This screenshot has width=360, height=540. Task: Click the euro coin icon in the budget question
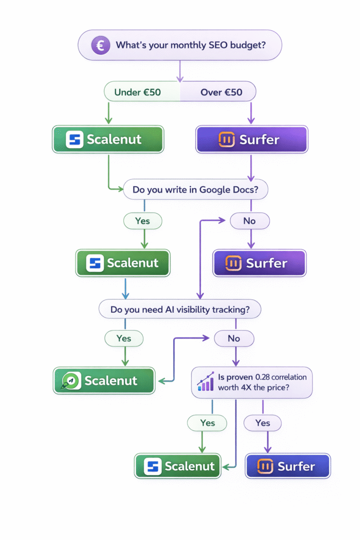pyautogui.click(x=100, y=45)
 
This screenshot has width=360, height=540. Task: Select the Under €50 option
pyautogui.click(x=138, y=92)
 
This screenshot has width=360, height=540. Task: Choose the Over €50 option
pyautogui.click(x=221, y=92)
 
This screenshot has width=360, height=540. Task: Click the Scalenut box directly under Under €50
pyautogui.click(x=108, y=140)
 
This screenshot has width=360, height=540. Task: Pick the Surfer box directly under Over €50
pyautogui.click(x=251, y=140)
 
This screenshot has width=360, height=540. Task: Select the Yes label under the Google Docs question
pyautogui.click(x=142, y=220)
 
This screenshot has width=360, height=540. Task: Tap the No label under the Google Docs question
pyautogui.click(x=249, y=220)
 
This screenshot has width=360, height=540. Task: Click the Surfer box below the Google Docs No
pyautogui.click(x=259, y=263)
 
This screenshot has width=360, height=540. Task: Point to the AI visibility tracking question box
pyautogui.click(x=180, y=309)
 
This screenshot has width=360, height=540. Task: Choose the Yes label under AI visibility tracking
pyautogui.click(x=124, y=338)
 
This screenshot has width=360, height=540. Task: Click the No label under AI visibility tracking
pyautogui.click(x=233, y=338)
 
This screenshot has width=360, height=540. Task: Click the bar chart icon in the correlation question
pyautogui.click(x=205, y=382)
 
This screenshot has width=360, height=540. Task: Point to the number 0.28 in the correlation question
pyautogui.click(x=265, y=377)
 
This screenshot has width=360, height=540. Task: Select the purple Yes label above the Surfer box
pyautogui.click(x=262, y=422)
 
